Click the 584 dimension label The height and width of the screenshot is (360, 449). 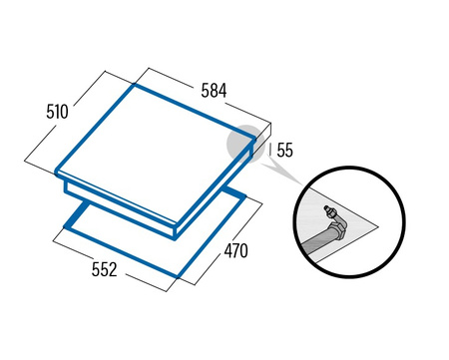point(214,91)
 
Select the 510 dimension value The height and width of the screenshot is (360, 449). point(57,112)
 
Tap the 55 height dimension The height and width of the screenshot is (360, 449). point(284,150)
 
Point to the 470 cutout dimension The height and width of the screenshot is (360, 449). point(235,250)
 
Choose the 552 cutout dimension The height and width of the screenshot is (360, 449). point(105,269)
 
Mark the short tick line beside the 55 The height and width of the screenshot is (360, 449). point(269,150)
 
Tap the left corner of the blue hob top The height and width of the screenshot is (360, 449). point(57,173)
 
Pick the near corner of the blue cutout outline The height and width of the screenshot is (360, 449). point(178,275)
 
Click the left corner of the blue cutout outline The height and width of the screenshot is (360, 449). point(65,227)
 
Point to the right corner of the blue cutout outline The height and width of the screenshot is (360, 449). point(245,197)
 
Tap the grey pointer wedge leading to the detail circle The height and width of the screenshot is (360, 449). point(281,173)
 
